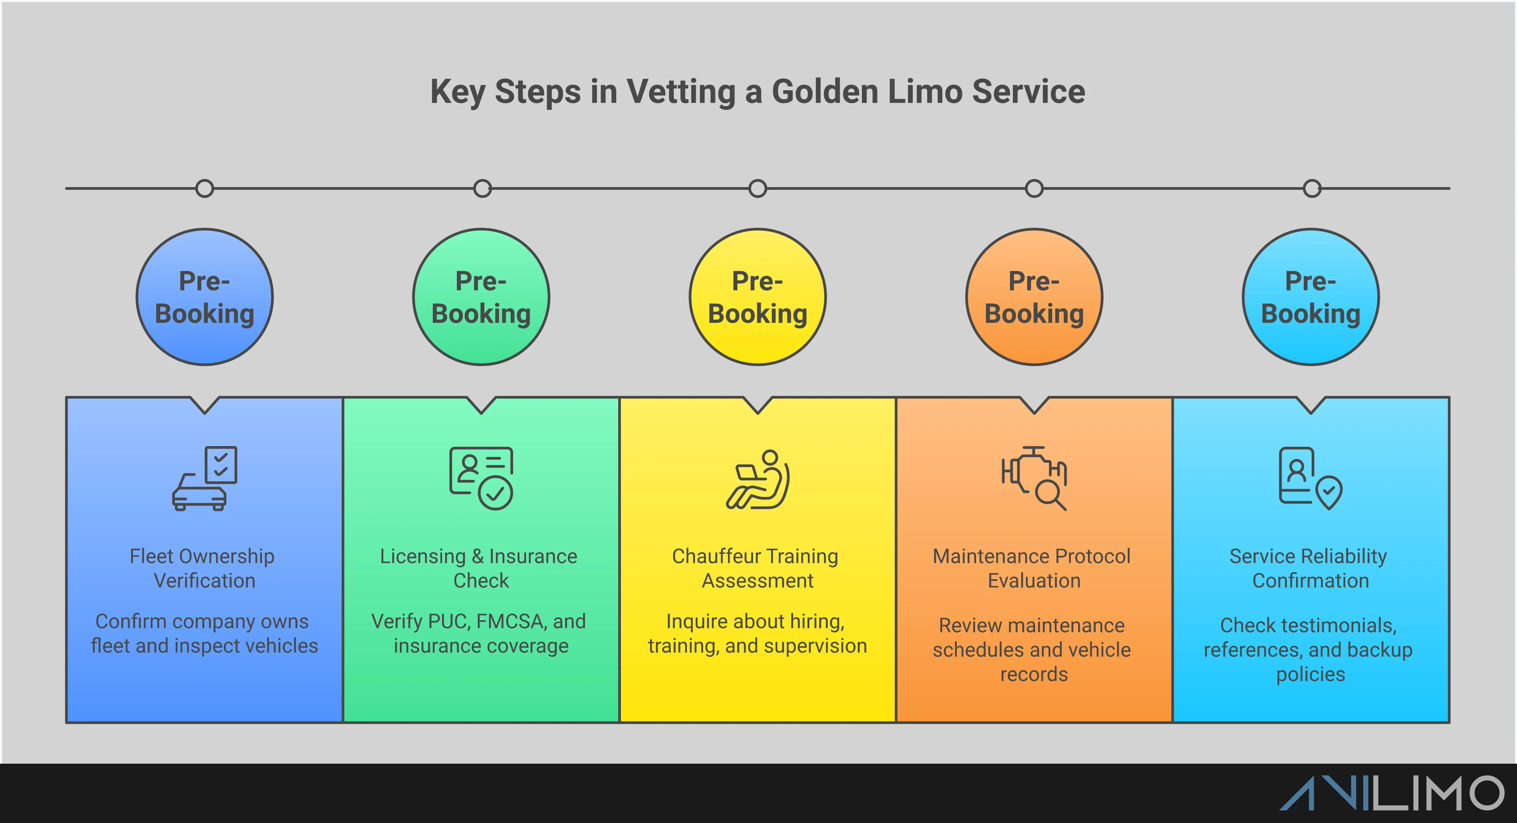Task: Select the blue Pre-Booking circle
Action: point(204,297)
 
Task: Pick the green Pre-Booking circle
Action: point(481,297)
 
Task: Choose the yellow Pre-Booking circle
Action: point(757,297)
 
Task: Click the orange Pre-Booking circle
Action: point(1034,297)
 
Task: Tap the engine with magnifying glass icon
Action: point(1034,478)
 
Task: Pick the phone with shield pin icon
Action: point(1310,478)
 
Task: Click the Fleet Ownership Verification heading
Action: point(203,568)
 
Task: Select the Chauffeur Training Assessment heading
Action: point(756,568)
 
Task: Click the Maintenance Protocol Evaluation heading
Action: point(1032,568)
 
